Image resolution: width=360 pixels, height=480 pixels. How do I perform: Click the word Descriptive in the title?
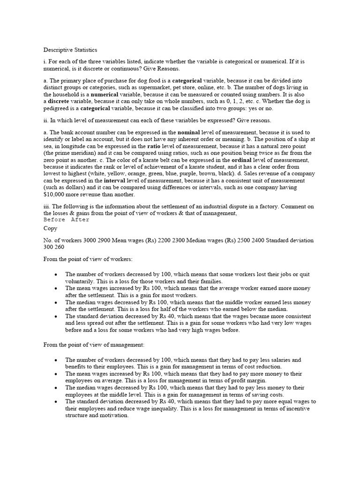(x=59, y=50)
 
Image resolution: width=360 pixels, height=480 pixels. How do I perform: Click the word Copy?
(x=51, y=228)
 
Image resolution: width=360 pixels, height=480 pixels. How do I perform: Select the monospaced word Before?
(x=54, y=219)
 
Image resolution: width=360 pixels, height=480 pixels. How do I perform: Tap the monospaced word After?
(x=80, y=219)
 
